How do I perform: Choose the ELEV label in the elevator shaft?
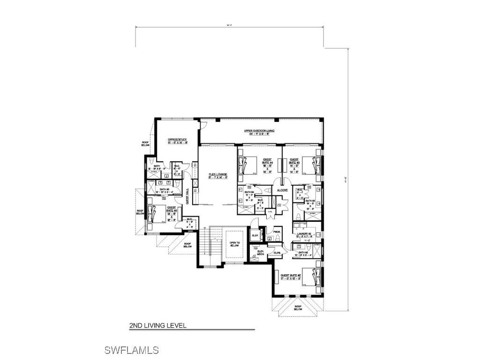click(x=255, y=235)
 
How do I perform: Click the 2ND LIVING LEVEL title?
click(x=158, y=325)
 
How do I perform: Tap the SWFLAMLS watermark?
click(x=131, y=350)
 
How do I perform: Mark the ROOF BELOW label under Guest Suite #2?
click(x=298, y=307)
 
